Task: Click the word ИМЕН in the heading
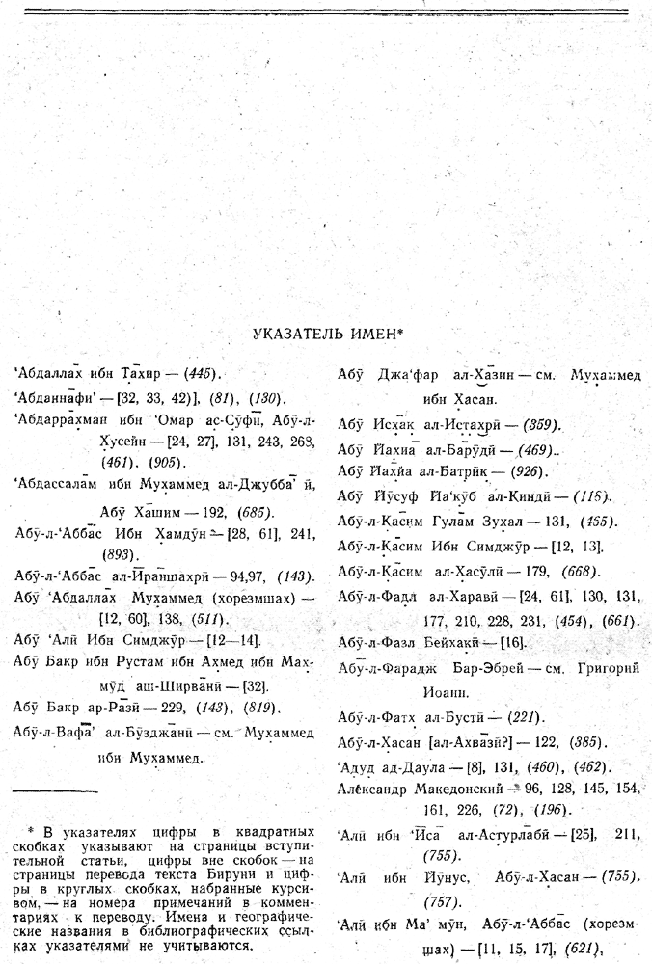(371, 334)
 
